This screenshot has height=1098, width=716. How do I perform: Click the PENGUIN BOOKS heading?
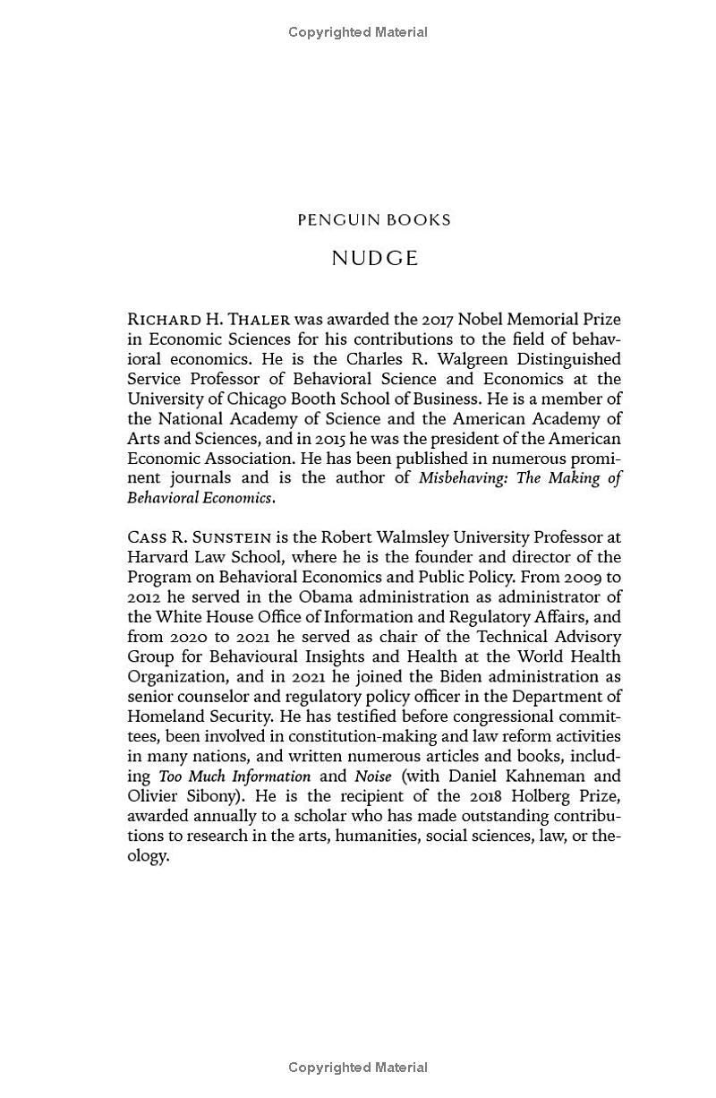374,220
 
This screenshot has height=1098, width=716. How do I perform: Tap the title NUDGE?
374,259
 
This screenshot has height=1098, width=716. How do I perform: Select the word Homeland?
166,716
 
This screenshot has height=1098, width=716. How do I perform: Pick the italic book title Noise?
373,776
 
